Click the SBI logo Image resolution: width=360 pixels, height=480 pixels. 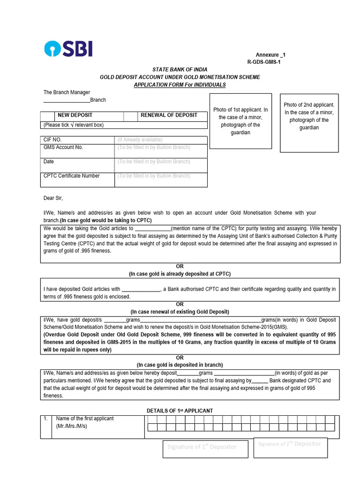(68, 49)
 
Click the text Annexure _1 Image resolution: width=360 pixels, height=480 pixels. (270, 55)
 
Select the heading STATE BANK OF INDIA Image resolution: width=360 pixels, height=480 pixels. (180, 69)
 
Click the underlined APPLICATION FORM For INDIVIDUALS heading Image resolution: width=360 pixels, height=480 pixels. (180, 85)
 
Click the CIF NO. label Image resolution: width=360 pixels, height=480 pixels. (52, 140)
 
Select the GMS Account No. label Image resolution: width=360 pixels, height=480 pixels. (63, 147)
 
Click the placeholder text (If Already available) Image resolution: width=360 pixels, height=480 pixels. (140, 140)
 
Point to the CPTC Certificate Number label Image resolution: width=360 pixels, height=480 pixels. (71, 176)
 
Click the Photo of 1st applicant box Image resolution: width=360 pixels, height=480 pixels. (240, 121)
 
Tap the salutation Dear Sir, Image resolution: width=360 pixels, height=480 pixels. (53, 198)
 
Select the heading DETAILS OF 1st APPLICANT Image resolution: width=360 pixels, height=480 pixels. (180, 411)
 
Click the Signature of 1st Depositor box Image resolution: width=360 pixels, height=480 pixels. (202, 447)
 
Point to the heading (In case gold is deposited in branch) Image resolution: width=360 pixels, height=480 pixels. (180, 365)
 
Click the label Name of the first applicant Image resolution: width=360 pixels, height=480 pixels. (85, 419)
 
